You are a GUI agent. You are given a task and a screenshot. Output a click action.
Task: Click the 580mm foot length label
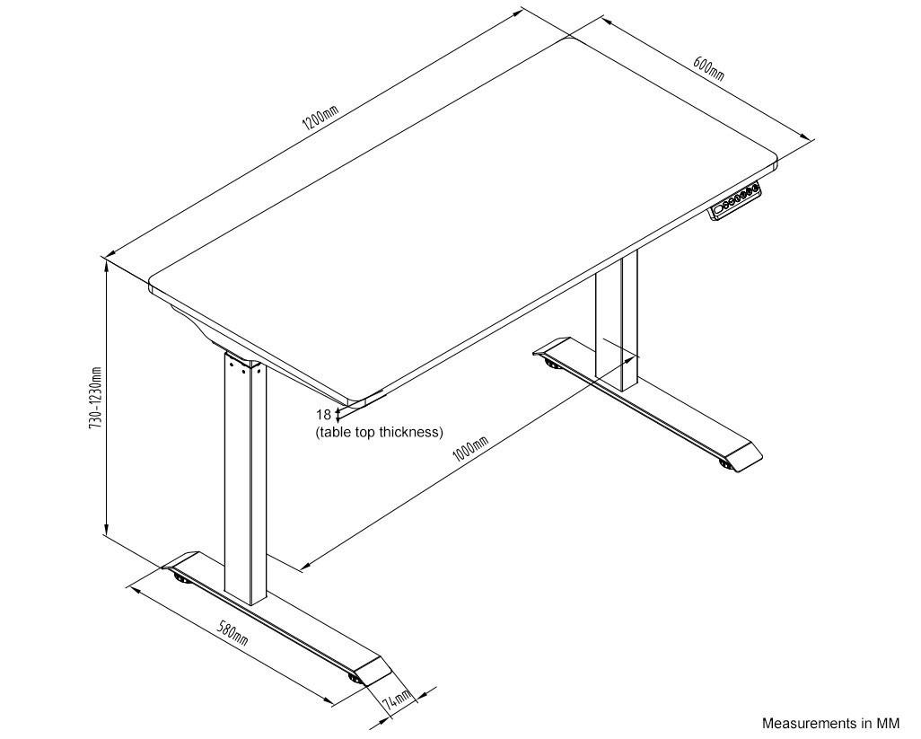click(x=232, y=633)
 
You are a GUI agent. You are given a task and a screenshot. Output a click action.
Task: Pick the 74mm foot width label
click(x=396, y=699)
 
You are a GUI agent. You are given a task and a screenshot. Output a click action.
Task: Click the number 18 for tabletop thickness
click(x=323, y=414)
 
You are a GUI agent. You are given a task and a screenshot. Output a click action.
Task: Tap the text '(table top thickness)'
click(x=379, y=432)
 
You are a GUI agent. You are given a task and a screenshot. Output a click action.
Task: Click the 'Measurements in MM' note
click(x=830, y=723)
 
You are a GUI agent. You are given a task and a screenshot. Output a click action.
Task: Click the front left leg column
click(x=245, y=476)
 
